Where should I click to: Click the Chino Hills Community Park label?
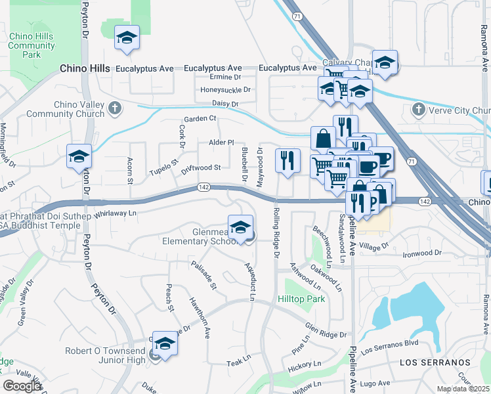tap(32, 45)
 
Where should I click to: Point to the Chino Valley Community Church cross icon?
tap(114, 107)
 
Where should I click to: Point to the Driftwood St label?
tap(201, 168)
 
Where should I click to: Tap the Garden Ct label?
tap(200, 118)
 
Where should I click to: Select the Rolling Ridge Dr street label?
tap(276, 232)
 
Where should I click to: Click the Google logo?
tap(22, 385)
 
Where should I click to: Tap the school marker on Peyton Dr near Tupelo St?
tap(79, 157)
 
